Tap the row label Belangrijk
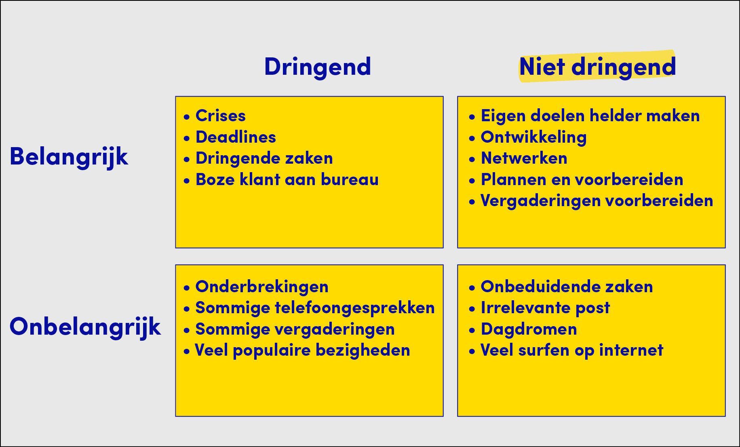69,157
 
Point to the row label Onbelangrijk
85,327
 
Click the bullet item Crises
221,116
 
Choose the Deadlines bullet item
236,137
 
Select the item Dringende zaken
264,158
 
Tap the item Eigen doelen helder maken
590,116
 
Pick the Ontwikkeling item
533,137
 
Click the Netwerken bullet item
524,158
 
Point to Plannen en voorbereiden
582,179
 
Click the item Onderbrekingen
262,287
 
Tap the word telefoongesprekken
355,308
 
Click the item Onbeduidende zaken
567,287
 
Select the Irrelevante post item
545,308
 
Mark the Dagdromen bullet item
529,329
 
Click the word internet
631,350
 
